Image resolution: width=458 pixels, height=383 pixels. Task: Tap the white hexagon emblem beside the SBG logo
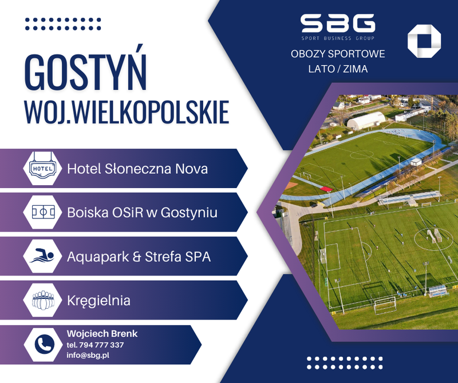pos(424,41)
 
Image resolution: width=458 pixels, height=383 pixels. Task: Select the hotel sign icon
pos(42,169)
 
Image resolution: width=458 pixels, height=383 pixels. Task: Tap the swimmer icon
pos(42,256)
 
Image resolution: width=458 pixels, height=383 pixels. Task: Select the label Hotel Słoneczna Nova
pos(137,169)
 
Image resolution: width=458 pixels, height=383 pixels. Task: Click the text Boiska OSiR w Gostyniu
pos(142,213)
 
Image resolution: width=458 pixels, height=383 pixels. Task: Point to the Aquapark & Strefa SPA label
pos(139,257)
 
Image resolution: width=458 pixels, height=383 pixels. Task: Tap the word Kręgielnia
pos(98,300)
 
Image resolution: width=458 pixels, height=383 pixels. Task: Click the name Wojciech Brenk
pos(102,334)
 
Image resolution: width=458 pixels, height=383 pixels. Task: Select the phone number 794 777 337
pos(95,345)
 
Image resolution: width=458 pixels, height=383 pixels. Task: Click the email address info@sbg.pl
pos(88,355)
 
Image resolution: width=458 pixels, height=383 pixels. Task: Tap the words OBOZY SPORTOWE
pos(338,54)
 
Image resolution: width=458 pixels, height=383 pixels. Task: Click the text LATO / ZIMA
pos(338,69)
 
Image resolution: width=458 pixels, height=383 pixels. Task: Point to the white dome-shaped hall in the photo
pos(366,120)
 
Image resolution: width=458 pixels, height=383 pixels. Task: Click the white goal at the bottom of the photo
pos(385,305)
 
